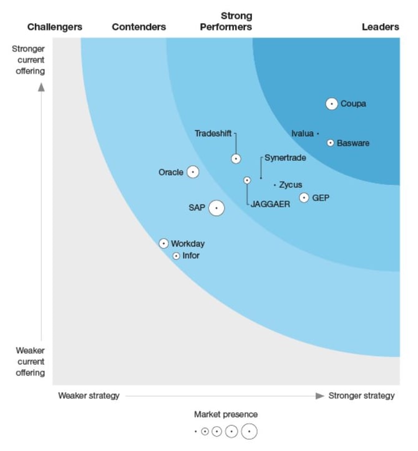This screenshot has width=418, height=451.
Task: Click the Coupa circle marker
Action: click(331, 104)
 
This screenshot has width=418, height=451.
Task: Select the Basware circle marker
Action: click(331, 143)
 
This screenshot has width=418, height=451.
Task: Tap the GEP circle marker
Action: click(304, 198)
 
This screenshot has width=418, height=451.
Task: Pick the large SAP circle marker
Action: click(216, 208)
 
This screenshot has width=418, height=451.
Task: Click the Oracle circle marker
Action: click(193, 172)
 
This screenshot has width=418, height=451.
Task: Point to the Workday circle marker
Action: click(163, 243)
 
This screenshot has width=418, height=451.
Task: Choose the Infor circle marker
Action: click(176, 256)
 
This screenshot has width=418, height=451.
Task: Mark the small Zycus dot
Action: click(275, 185)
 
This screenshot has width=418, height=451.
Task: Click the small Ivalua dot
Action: click(318, 133)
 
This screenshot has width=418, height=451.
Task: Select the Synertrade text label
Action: click(285, 158)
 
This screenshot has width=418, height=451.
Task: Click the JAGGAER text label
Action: click(271, 204)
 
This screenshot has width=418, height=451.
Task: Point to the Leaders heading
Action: click(381, 27)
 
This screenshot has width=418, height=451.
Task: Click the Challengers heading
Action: click(55, 27)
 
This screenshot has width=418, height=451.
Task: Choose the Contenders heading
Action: click(139, 27)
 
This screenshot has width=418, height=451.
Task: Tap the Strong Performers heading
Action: click(236, 21)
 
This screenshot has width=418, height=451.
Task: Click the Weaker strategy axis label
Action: click(89, 395)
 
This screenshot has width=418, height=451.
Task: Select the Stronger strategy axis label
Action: click(362, 395)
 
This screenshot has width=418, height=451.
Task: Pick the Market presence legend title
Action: click(226, 414)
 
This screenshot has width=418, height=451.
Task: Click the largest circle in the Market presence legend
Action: click(249, 431)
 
